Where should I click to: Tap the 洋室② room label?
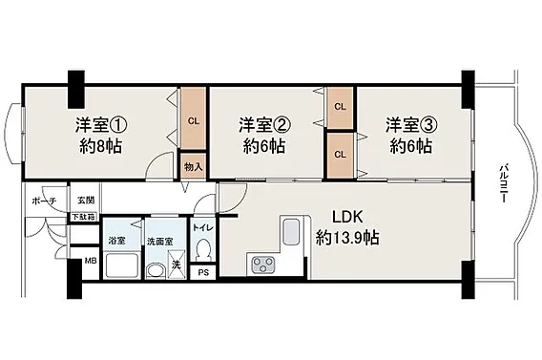(x=264, y=124)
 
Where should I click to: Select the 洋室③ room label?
(x=412, y=124)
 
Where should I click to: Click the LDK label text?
(x=347, y=217)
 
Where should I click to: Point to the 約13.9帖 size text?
(x=347, y=238)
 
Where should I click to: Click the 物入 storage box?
(x=193, y=166)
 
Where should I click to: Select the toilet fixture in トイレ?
(x=202, y=249)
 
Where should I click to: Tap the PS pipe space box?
(x=203, y=272)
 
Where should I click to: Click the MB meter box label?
(x=91, y=261)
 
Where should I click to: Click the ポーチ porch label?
(x=44, y=201)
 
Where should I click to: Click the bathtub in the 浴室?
(x=122, y=265)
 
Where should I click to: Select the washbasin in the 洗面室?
(x=156, y=271)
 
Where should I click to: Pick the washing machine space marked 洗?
(x=177, y=265)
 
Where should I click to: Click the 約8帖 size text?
(x=100, y=147)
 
